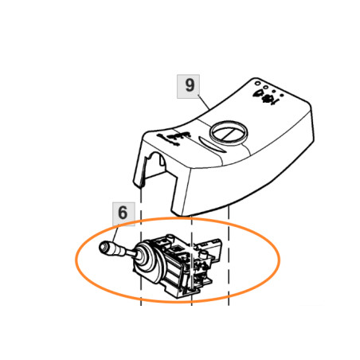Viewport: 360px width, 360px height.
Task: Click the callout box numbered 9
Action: click(188, 86)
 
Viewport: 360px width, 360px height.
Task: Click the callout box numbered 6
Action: click(123, 214)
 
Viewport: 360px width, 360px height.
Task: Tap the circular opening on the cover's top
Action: click(229, 132)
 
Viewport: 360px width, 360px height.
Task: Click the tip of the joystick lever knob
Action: click(100, 248)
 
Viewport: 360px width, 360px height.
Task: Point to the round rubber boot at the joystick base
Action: click(147, 261)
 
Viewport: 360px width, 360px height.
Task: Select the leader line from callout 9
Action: click(203, 103)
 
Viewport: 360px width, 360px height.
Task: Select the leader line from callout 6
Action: click(115, 234)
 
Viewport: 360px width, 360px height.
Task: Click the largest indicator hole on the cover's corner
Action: click(256, 83)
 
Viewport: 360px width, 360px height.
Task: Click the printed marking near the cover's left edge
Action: click(176, 138)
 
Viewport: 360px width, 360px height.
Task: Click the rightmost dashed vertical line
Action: click(229, 255)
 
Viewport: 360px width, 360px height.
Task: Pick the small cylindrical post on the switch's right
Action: click(203, 254)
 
